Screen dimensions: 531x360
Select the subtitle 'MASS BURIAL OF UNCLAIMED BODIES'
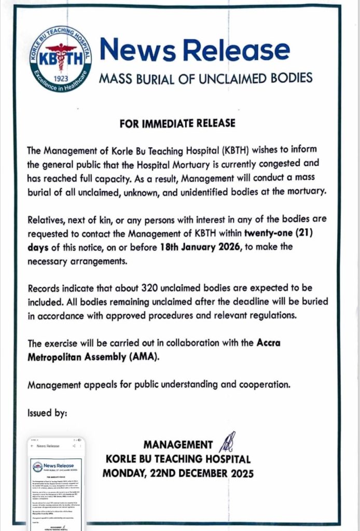tap(205, 78)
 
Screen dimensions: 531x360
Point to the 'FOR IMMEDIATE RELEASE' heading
tap(177, 123)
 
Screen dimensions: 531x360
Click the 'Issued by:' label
tap(47, 413)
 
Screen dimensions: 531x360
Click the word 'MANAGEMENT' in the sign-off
tap(178, 445)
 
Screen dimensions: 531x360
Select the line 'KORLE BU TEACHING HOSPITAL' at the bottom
tap(178, 459)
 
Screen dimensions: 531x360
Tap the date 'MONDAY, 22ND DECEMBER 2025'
tap(178, 473)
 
